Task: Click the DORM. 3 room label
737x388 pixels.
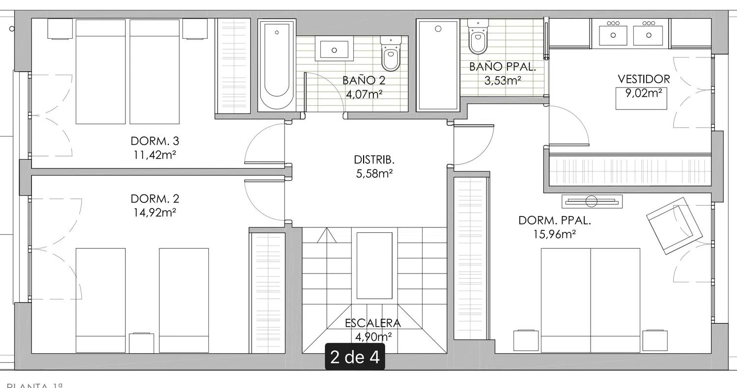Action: click(x=155, y=141)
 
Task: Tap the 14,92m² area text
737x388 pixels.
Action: click(x=155, y=212)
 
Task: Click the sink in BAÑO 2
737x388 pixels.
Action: click(x=334, y=50)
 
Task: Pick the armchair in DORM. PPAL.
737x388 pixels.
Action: click(x=674, y=226)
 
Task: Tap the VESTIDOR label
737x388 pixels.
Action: click(x=644, y=79)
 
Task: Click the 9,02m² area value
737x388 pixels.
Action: click(x=643, y=92)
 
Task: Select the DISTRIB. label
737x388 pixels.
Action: click(x=374, y=160)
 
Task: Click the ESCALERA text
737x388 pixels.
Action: click(x=373, y=323)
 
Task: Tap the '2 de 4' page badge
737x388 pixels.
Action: click(x=355, y=357)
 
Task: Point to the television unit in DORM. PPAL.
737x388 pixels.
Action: click(x=592, y=201)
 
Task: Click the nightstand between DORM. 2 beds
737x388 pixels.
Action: click(x=142, y=342)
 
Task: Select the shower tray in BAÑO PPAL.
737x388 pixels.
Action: click(x=437, y=65)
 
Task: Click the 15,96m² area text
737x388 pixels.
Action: click(x=554, y=235)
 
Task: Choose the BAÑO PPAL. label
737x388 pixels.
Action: click(x=502, y=67)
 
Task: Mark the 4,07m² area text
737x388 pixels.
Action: click(x=363, y=94)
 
